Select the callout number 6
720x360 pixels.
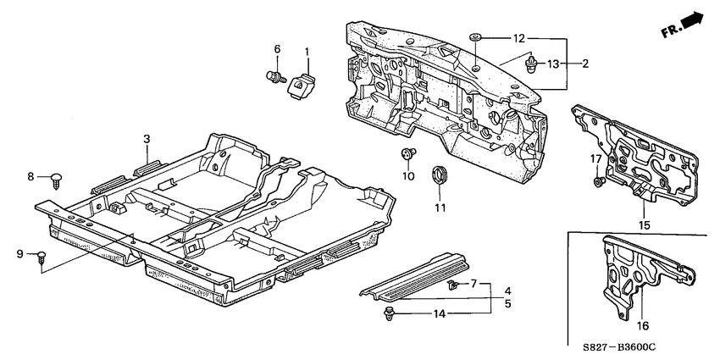(x=276, y=50)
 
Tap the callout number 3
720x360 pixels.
(x=146, y=138)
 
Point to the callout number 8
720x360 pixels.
(x=31, y=176)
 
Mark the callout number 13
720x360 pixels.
(x=552, y=64)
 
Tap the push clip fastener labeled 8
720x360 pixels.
(x=57, y=178)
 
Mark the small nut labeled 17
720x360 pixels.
(x=597, y=181)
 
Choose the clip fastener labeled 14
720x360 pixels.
(x=390, y=315)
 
